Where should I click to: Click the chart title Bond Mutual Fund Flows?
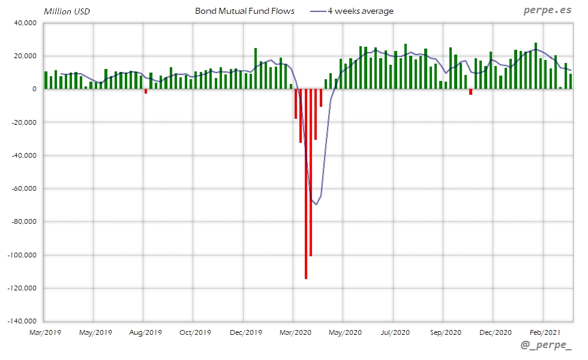click(245, 11)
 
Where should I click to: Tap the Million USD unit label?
click(66, 11)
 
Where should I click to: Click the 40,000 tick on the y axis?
click(24, 23)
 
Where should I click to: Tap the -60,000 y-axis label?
click(22, 188)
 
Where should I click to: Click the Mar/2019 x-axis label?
click(46, 332)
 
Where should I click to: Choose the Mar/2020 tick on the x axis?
click(294, 332)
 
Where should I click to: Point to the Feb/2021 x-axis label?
click(544, 332)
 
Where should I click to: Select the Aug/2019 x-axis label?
click(145, 332)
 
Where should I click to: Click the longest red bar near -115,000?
click(306, 184)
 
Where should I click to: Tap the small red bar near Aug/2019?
click(146, 91)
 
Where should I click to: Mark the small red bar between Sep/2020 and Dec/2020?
click(470, 92)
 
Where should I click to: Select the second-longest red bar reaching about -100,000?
click(311, 173)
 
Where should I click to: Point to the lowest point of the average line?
click(316, 205)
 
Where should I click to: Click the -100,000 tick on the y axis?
click(20, 255)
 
